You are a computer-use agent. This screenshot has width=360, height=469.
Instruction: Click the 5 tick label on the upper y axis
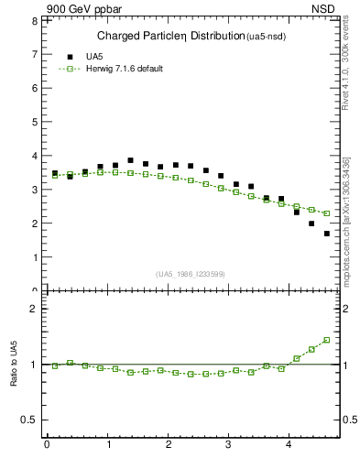pyautogui.click(x=36, y=122)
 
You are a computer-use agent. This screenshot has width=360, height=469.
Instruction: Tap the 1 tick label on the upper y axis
pyautogui.click(x=36, y=257)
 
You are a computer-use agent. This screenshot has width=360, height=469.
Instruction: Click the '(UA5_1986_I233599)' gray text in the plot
pyautogui.click(x=191, y=274)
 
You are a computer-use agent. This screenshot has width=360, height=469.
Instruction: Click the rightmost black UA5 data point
pyautogui.click(x=327, y=234)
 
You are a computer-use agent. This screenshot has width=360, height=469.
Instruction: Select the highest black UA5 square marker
pyautogui.click(x=130, y=160)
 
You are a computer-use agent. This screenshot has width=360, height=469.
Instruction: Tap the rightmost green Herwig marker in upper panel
pyautogui.click(x=327, y=213)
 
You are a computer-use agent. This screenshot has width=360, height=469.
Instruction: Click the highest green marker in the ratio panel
pyautogui.click(x=327, y=340)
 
